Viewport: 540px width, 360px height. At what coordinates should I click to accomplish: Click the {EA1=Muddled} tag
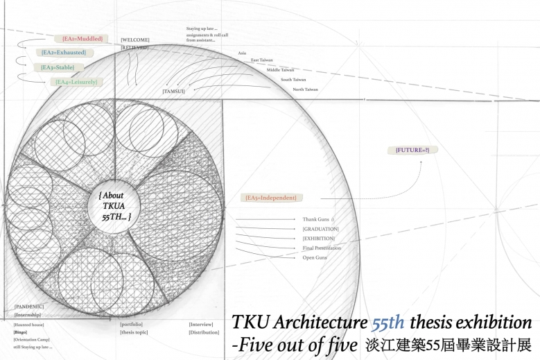82,39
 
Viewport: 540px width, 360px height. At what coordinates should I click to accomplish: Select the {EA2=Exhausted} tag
63,53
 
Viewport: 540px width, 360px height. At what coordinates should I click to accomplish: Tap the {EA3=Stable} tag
58,67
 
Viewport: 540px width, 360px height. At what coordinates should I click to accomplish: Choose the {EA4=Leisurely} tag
76,82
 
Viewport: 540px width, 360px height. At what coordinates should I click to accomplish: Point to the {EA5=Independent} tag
270,198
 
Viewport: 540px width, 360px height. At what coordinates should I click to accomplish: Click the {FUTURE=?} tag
412,150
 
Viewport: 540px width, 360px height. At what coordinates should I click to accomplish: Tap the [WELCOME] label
135,40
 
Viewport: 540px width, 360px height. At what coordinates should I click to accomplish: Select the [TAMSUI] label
174,91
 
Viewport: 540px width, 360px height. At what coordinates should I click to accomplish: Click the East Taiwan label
262,60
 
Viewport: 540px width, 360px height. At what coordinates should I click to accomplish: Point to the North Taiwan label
305,89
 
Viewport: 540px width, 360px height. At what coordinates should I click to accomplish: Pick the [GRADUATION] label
320,229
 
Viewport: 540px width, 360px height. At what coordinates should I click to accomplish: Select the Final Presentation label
322,248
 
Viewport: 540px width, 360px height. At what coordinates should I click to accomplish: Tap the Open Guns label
315,257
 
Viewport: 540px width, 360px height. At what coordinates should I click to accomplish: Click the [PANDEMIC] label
29,306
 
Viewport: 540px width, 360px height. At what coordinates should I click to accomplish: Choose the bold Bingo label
20,332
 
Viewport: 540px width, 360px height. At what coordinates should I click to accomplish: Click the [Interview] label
201,324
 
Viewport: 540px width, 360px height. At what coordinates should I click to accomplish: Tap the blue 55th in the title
388,323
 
